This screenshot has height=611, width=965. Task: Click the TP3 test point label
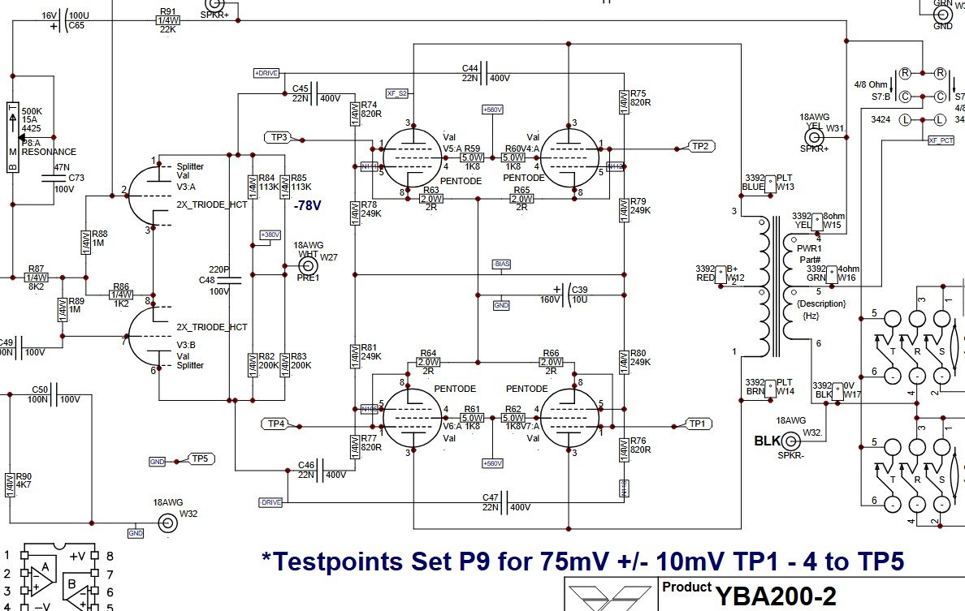pos(279,137)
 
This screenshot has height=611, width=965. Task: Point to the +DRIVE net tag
pos(266,73)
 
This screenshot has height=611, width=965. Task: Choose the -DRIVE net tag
pos(270,502)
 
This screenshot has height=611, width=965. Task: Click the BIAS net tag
pos(501,265)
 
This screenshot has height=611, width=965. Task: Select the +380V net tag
pos(269,235)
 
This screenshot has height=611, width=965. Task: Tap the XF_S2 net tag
pos(396,93)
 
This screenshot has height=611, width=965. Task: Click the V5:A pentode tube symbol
pos(413,157)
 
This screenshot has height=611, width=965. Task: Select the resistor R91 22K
pos(168,19)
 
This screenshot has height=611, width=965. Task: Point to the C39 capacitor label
pos(579,290)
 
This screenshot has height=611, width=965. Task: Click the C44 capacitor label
pos(470,67)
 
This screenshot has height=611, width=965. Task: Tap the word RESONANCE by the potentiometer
pos(49,152)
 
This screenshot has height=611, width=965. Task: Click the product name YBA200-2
pos(775,596)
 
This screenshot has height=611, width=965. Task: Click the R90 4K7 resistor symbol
pos(11,484)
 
